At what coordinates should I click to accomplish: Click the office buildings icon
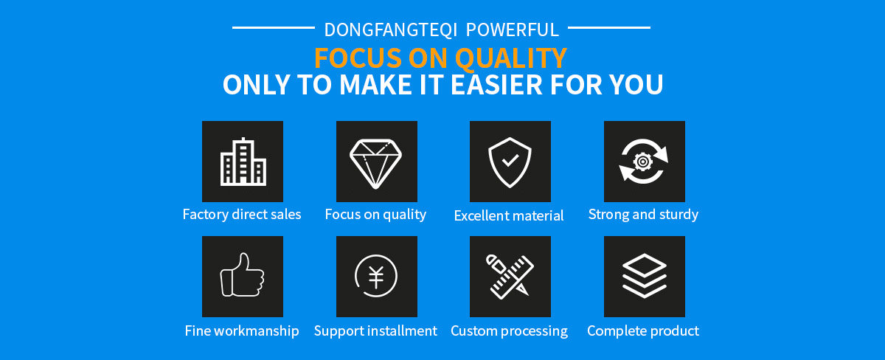point(243,162)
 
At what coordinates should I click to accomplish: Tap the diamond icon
point(375,163)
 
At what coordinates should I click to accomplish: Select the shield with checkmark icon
point(510,162)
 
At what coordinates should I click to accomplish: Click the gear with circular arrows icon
point(643,162)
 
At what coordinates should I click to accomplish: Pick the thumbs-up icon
point(242,275)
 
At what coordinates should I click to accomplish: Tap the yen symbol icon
point(375,276)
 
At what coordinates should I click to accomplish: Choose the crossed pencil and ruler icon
point(510,276)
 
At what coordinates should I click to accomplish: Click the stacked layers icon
point(645,276)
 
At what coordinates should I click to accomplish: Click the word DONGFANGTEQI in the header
point(390,30)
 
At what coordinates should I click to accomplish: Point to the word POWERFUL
point(513,30)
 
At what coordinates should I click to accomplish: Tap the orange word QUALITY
point(511,58)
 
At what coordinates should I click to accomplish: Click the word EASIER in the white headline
point(496,85)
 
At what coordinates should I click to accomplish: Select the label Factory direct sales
point(242,214)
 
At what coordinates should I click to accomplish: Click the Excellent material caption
point(509,215)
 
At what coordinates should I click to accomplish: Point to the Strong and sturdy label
point(643,215)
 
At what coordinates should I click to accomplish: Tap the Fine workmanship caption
point(242,330)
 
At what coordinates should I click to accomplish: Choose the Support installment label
point(375,330)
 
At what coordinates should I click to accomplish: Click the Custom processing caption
point(510,331)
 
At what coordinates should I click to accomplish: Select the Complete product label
point(643,331)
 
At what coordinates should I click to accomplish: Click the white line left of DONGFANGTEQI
point(274,27)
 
